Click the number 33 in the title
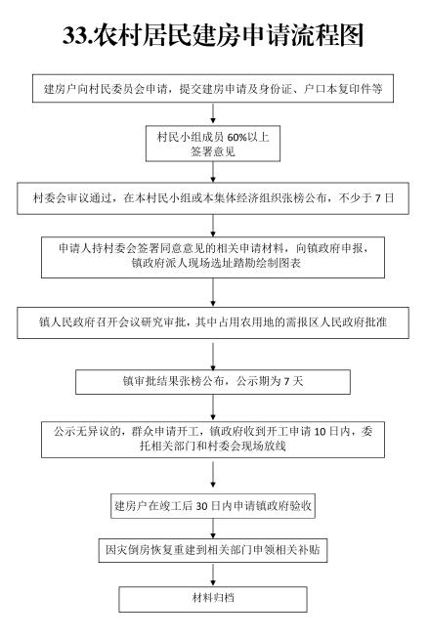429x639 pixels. point(75,35)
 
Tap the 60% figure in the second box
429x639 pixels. point(237,138)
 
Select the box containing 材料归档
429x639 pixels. point(213,599)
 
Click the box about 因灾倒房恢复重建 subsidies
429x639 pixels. point(213,550)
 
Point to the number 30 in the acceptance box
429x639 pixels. point(201,506)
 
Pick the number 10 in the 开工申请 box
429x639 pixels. point(321,432)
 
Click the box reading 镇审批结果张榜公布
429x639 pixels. point(213,382)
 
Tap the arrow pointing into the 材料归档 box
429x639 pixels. point(213,575)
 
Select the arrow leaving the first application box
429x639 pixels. point(213,113)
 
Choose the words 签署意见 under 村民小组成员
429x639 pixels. point(213,152)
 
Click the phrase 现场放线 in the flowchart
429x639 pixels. point(264,446)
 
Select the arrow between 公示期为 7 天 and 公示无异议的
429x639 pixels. point(213,408)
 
